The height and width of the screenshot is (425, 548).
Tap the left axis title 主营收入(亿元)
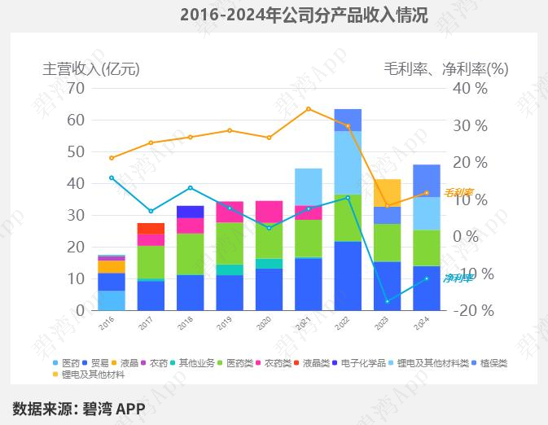(x=91, y=69)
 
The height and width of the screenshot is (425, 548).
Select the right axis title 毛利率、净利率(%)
(x=445, y=69)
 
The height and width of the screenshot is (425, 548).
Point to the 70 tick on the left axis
(x=76, y=88)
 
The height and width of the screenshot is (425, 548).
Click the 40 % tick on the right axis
(x=471, y=88)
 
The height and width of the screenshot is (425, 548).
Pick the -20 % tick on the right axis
(x=471, y=310)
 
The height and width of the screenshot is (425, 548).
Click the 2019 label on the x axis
(x=225, y=323)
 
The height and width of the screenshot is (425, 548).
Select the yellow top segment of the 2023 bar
(x=387, y=192)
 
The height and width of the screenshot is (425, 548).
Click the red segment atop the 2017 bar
(x=151, y=228)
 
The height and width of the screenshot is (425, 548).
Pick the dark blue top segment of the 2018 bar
(x=190, y=212)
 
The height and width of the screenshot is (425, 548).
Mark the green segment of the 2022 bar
(x=348, y=217)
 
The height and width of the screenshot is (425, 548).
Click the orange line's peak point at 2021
(x=308, y=108)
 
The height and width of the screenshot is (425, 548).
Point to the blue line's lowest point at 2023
(x=387, y=301)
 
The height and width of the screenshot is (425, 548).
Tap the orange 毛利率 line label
(x=458, y=193)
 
